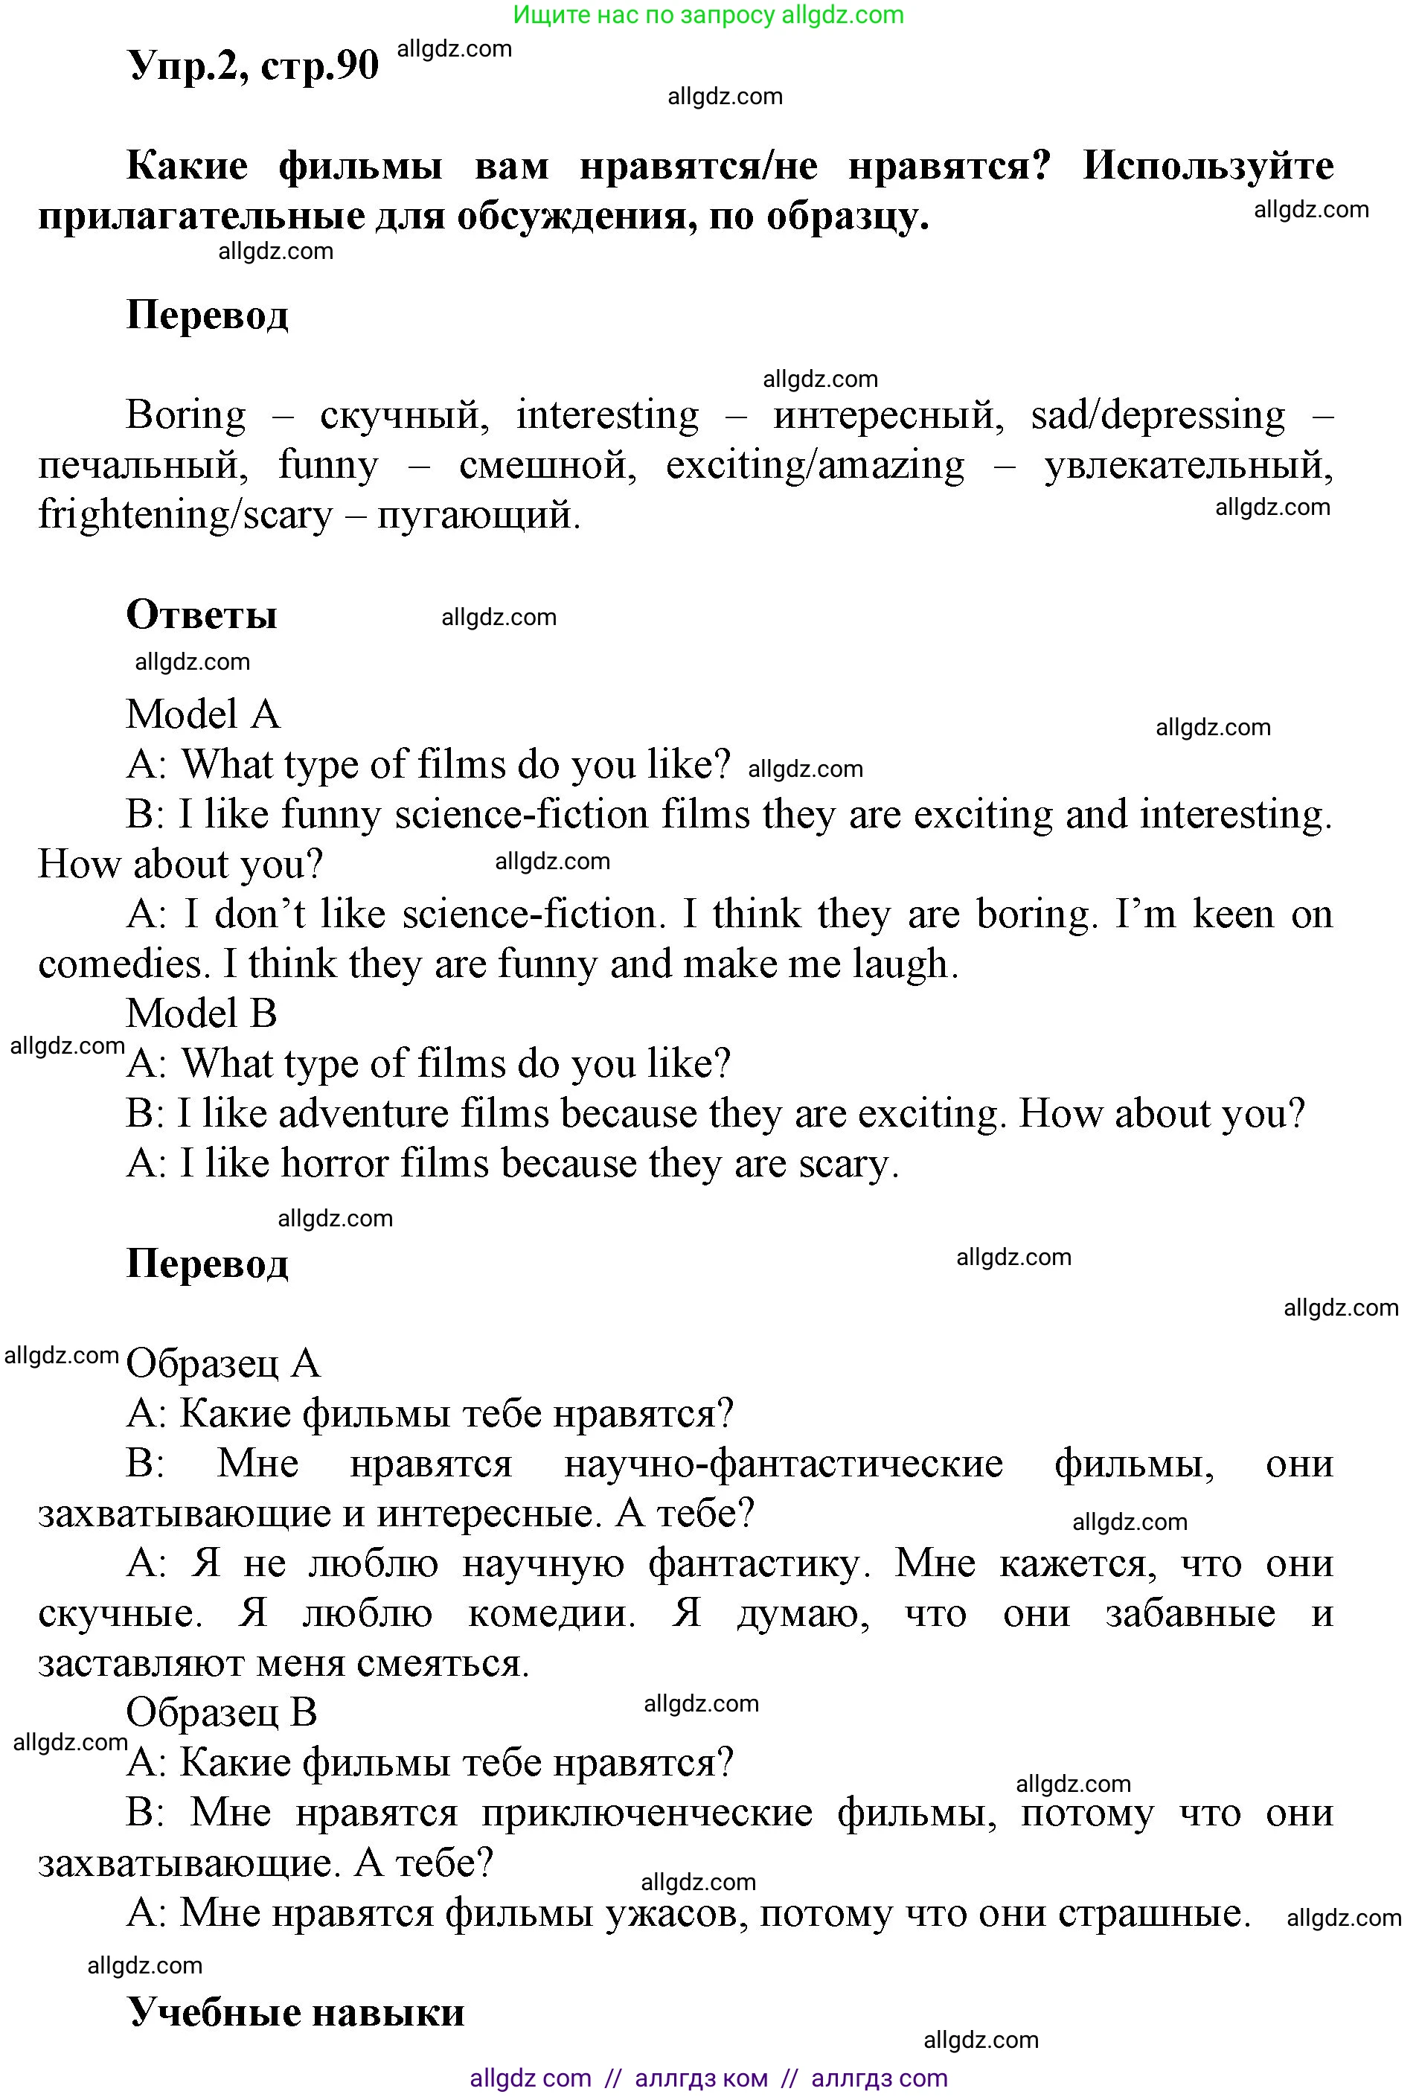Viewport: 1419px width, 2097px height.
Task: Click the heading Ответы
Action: click(x=201, y=615)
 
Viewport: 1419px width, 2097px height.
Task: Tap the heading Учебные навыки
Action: click(x=296, y=2011)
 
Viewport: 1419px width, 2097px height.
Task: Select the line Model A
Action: click(x=203, y=714)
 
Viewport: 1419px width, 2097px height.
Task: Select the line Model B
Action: click(x=201, y=1014)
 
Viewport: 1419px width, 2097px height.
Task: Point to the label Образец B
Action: click(x=221, y=1712)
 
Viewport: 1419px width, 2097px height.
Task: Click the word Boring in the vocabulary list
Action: click(x=186, y=415)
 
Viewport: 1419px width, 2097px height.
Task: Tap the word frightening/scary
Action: click(x=185, y=515)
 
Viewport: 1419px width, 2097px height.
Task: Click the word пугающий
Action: click(x=478, y=515)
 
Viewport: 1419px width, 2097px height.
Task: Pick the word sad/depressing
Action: click(x=1157, y=415)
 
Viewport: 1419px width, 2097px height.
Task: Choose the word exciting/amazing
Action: click(x=815, y=466)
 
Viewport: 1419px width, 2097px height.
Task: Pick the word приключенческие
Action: click(x=646, y=1812)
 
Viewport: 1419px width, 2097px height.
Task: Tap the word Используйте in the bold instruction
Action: click(x=1207, y=166)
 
